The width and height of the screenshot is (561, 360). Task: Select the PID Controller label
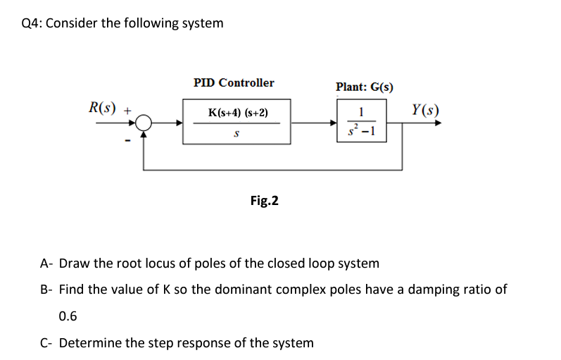pyautogui.click(x=234, y=83)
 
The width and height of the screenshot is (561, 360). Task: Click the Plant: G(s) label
pyautogui.click(x=365, y=87)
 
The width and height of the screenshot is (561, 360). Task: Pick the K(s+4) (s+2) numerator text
pyautogui.click(x=238, y=113)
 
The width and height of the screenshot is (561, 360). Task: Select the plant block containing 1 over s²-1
pyautogui.click(x=360, y=123)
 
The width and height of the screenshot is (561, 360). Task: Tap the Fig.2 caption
pyautogui.click(x=264, y=201)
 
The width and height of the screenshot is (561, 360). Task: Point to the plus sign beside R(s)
pyautogui.click(x=127, y=111)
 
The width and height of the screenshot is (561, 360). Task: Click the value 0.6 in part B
pyautogui.click(x=68, y=316)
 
